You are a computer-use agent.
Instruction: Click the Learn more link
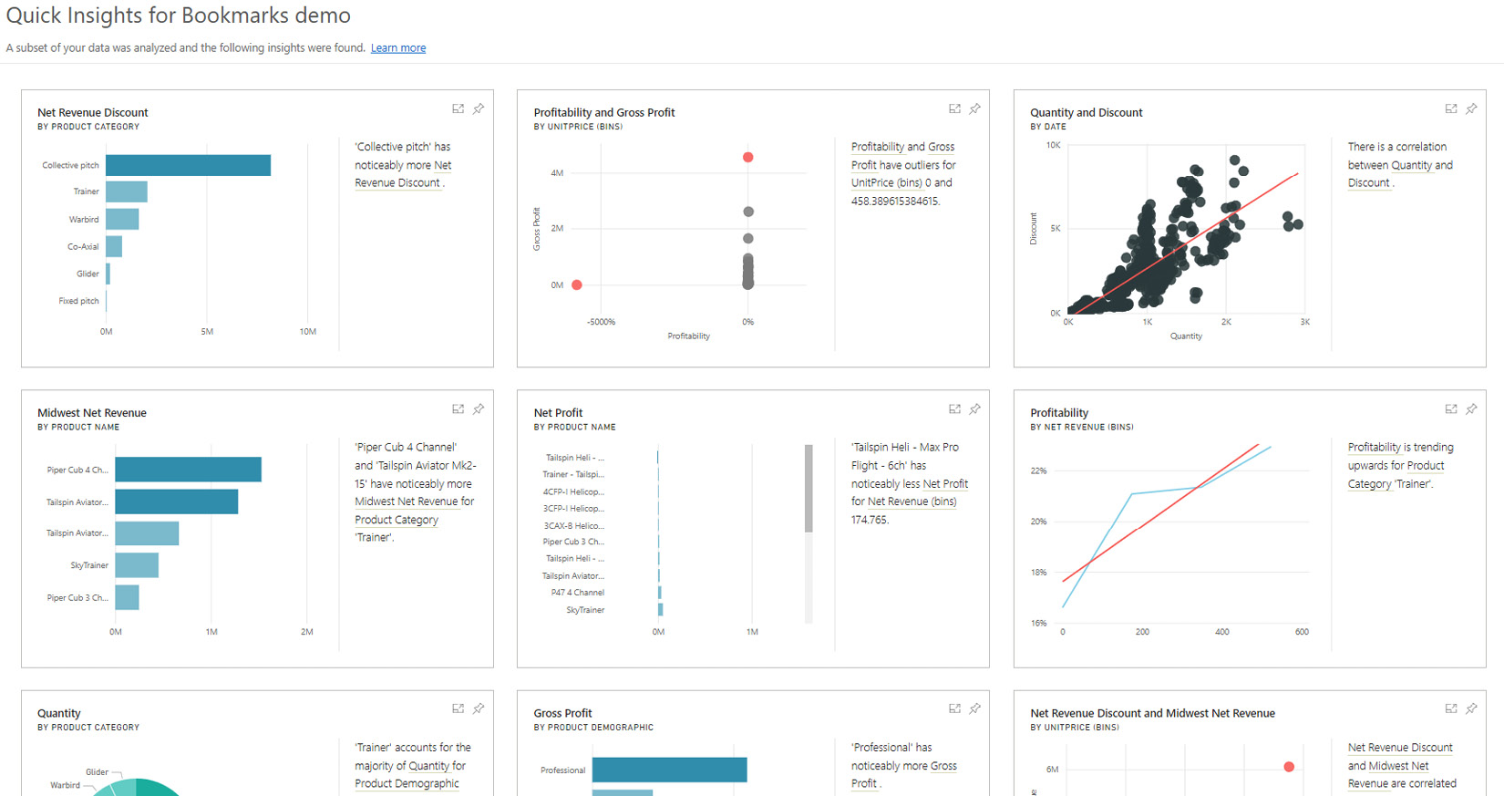coord(398,48)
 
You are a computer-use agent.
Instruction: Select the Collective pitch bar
coord(188,165)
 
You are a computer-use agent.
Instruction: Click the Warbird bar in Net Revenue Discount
coord(122,219)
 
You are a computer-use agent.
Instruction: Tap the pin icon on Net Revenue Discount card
coord(479,109)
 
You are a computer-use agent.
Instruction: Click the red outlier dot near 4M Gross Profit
coord(748,158)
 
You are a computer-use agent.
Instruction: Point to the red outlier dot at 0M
coord(577,285)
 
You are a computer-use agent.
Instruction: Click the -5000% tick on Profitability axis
coord(602,322)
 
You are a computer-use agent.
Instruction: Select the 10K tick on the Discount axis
coord(1054,146)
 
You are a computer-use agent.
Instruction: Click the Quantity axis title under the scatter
coord(1186,336)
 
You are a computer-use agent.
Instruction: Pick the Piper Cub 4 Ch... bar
coord(188,470)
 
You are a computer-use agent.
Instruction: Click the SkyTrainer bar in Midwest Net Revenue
coord(137,565)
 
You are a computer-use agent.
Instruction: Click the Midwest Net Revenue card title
coord(92,413)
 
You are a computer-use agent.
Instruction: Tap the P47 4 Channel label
coord(577,593)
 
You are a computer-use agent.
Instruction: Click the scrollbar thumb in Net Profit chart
coord(809,488)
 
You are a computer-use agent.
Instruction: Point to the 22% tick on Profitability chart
coord(1039,471)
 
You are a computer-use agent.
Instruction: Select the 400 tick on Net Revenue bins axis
coord(1222,632)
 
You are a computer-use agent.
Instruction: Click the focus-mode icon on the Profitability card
coord(1451,409)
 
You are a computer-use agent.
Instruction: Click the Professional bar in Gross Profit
coord(669,770)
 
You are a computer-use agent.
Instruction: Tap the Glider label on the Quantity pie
coord(98,772)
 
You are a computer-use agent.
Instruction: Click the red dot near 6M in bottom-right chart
coord(1289,767)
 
